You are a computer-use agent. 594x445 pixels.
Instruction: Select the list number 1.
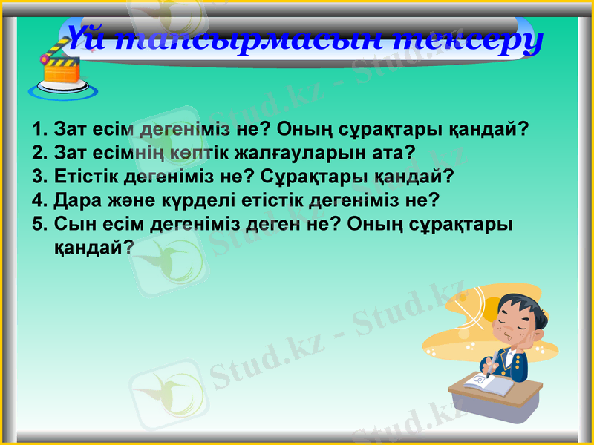(39, 129)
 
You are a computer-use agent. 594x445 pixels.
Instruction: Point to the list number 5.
(39, 224)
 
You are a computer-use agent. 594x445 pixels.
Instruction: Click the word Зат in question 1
(72, 129)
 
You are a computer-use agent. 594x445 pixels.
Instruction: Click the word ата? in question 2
(395, 153)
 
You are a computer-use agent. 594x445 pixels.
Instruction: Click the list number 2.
(39, 153)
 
